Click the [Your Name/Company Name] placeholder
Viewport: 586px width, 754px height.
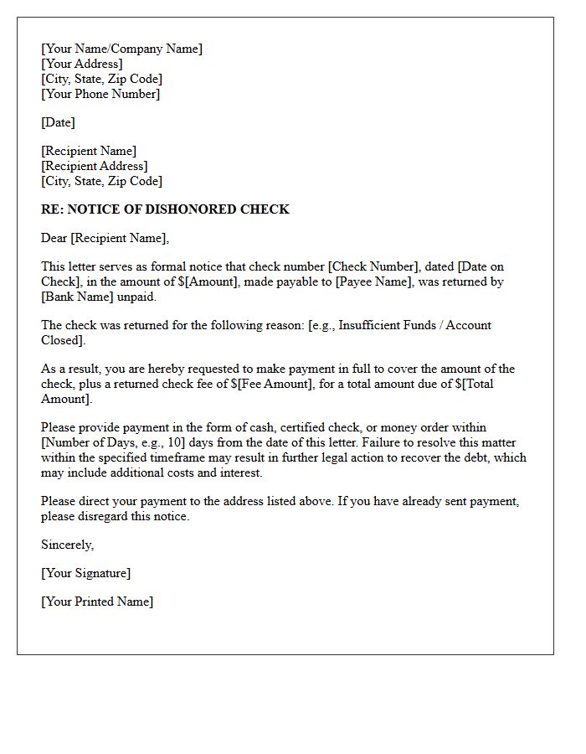point(121,49)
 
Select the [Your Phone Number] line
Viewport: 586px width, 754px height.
point(100,94)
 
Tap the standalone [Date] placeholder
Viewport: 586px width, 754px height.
point(58,122)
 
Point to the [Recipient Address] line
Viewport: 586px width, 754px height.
point(95,166)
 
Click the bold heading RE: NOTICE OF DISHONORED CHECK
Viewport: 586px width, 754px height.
point(165,209)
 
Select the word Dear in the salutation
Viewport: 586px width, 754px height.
point(54,238)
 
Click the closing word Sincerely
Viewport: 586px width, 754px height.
point(67,545)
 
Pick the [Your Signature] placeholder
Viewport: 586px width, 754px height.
point(85,573)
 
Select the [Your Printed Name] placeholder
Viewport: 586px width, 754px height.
point(97,602)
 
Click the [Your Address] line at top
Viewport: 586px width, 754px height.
point(82,64)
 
